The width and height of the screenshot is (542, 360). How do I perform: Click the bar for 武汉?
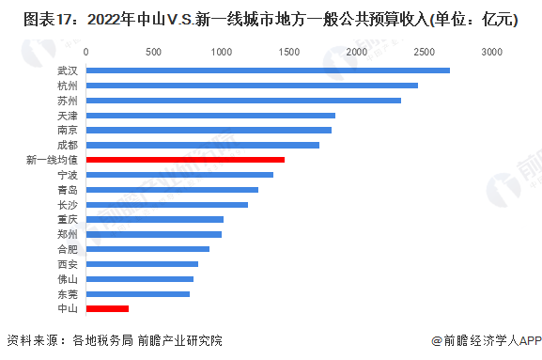coord(268,70)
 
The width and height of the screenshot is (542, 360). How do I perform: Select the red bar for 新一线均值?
coord(185,160)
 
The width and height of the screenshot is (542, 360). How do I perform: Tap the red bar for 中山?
coord(107,308)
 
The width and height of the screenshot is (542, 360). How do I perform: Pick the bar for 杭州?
coord(252,86)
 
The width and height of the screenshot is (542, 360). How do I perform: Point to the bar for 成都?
coord(203,145)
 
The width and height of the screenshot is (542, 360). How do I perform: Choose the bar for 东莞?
coord(138,294)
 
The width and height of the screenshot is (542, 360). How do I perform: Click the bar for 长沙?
coord(167,204)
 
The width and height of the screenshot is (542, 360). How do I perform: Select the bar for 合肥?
coord(147,249)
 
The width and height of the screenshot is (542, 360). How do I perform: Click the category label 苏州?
coord(68,101)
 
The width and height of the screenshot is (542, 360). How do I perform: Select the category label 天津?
coord(68,116)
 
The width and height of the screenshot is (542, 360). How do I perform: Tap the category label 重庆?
coord(68,219)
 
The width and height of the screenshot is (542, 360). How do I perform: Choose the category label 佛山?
coord(68,279)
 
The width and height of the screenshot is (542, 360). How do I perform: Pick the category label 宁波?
coord(68,175)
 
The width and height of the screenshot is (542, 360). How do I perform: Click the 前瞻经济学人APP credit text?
coord(487,341)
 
